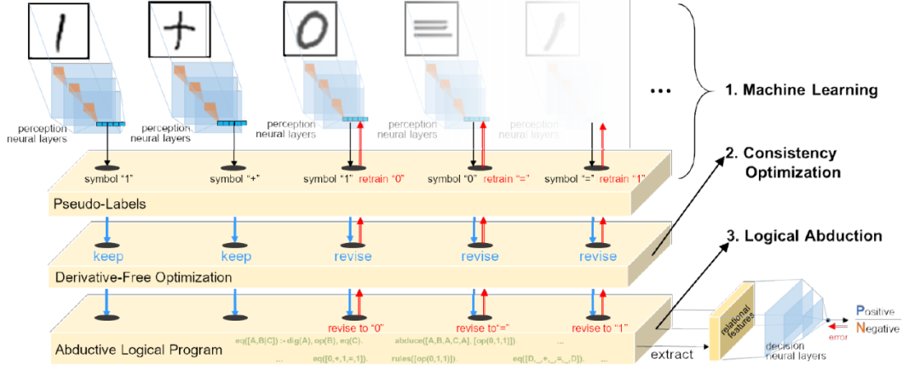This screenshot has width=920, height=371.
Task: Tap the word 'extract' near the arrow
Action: coord(672,352)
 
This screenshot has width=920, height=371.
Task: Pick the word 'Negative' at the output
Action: coord(881,327)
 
